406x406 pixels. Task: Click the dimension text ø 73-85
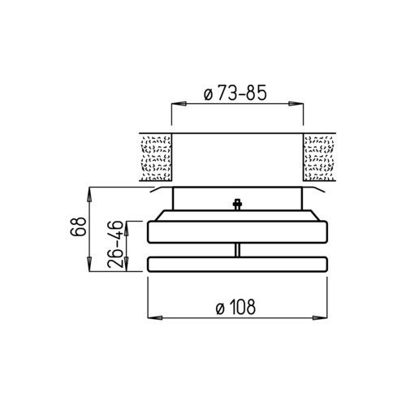click(235, 93)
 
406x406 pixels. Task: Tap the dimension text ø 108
click(235, 307)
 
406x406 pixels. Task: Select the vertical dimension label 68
click(78, 226)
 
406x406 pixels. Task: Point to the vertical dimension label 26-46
click(115, 244)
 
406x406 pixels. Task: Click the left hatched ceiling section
click(156, 158)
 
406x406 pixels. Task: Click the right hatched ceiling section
click(319, 158)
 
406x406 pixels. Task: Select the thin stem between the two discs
click(237, 250)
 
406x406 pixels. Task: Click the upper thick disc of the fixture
click(237, 232)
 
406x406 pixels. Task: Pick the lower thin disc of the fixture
click(237, 264)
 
